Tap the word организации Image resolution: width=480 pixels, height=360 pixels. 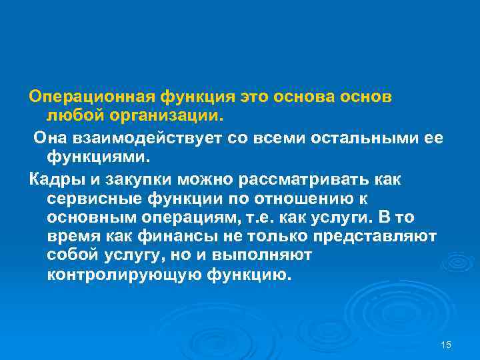coord(155,116)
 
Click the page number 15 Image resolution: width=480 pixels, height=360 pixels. coord(447,344)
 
